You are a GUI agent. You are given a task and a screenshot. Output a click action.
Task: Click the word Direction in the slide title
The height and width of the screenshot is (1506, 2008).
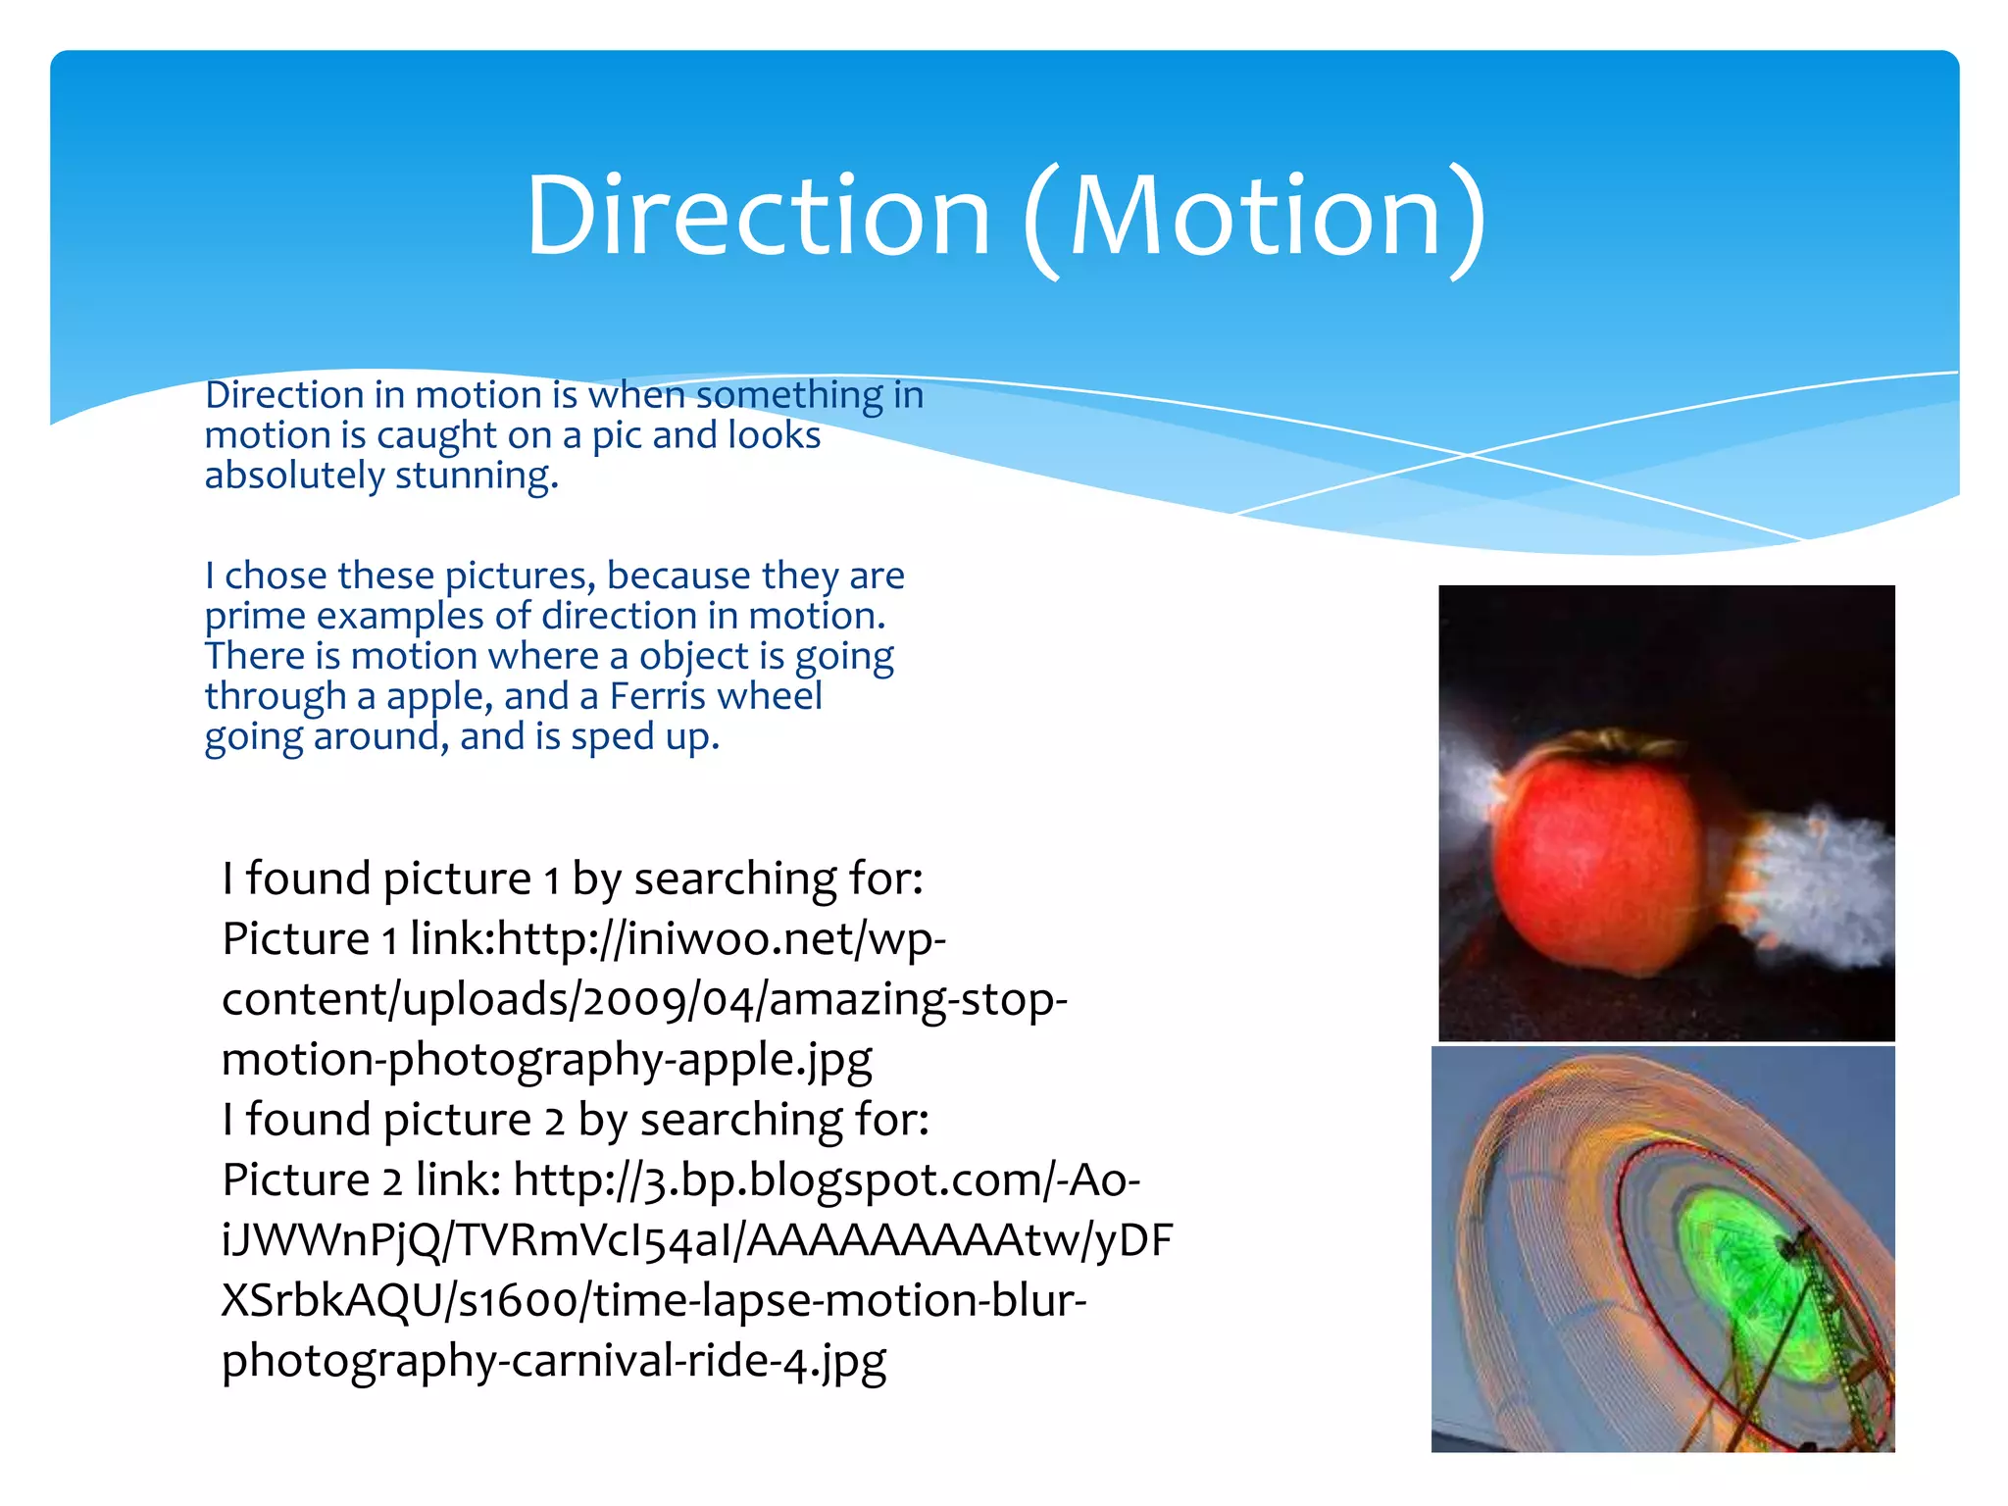tap(758, 216)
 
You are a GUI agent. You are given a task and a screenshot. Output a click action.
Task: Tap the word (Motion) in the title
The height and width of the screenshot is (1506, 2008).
tap(1255, 218)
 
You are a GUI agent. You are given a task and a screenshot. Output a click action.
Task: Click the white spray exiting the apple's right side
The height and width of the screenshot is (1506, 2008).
tap(1814, 882)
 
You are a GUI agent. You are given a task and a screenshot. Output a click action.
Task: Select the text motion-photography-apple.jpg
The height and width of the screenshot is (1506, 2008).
tap(546, 1060)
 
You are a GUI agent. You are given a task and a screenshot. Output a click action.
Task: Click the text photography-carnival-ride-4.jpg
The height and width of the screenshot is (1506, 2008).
tap(554, 1362)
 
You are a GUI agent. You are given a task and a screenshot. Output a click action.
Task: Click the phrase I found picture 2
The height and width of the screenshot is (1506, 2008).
tap(392, 1120)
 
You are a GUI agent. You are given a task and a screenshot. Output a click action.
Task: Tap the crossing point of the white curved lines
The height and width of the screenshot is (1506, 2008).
tap(1468, 455)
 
